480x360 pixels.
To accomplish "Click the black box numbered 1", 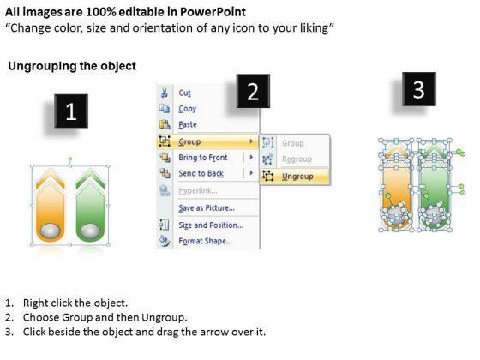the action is [x=71, y=111].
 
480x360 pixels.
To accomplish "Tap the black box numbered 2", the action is [x=253, y=91].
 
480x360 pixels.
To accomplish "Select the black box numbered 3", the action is [x=419, y=89].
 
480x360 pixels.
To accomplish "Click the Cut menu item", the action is [x=184, y=93].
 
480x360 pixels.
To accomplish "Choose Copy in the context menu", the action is [x=188, y=109].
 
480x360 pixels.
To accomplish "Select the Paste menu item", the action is [x=188, y=124].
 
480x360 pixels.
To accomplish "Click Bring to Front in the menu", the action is [x=203, y=158].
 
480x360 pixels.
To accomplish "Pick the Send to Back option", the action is [x=201, y=173].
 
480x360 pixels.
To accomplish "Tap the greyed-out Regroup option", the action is [x=297, y=159].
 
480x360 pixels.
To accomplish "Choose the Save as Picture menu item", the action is [x=207, y=208].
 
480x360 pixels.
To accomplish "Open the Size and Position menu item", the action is [x=211, y=225].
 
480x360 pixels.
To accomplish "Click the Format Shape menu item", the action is [x=205, y=241].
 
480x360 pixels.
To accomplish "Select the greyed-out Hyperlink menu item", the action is [x=198, y=191].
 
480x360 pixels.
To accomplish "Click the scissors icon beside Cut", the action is [x=165, y=93].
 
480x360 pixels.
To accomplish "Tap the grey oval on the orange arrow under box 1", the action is [x=51, y=231].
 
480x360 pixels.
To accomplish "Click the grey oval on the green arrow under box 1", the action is [x=90, y=231].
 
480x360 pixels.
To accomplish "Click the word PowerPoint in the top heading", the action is [x=213, y=12].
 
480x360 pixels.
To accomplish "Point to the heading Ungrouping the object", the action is [x=72, y=66].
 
